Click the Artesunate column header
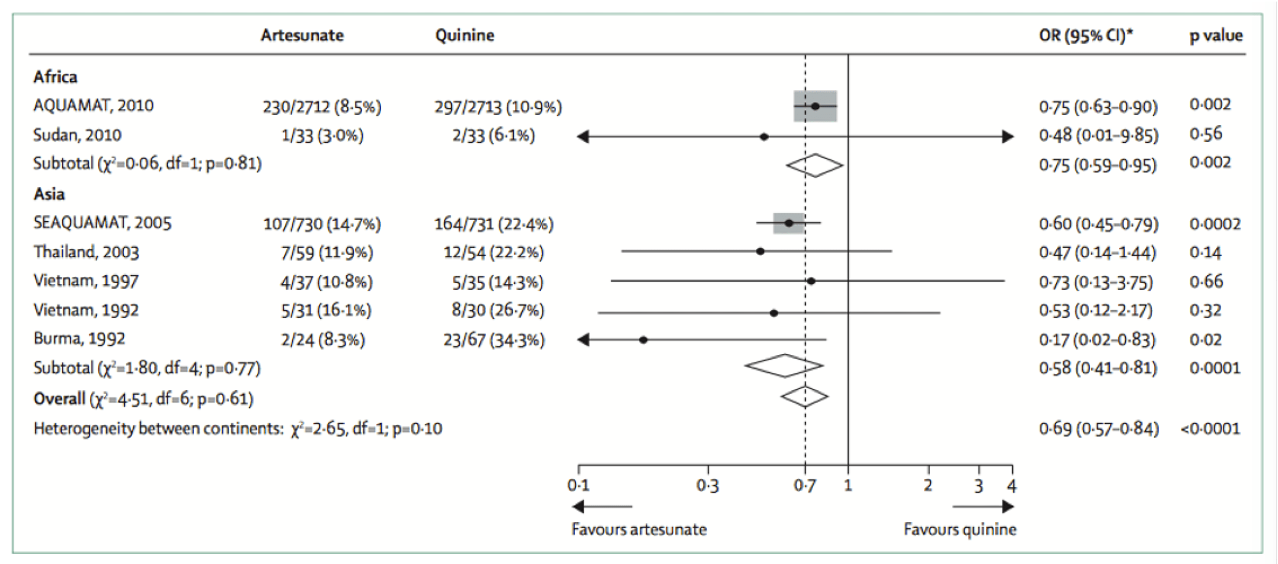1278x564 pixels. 302,35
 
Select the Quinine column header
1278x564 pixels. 464,35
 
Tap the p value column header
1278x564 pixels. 1216,36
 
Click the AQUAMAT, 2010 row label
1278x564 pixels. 93,106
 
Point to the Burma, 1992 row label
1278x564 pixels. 79,339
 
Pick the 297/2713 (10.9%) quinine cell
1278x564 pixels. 498,107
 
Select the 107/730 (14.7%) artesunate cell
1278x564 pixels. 322,224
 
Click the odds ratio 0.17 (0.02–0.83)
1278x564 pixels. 1097,340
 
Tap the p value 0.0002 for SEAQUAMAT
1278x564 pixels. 1215,224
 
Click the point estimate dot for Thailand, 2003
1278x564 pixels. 760,252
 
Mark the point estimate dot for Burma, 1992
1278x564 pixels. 643,340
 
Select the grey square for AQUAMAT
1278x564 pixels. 815,106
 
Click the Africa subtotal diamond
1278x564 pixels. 815,165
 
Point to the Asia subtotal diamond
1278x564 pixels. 784,366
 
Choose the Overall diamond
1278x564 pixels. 804,396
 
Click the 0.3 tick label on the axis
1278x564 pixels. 707,486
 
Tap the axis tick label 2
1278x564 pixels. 928,486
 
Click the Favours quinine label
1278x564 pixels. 960,529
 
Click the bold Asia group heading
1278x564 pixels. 49,194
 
